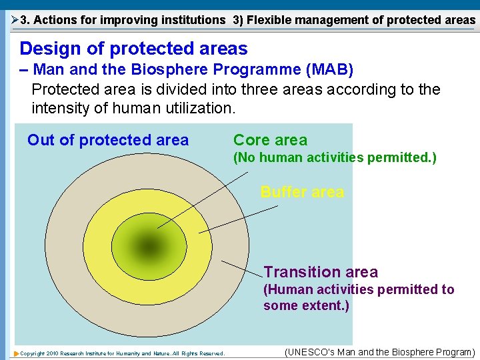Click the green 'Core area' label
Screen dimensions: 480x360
pyautogui.click(x=270, y=140)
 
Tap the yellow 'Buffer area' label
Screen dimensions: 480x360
pyautogui.click(x=302, y=192)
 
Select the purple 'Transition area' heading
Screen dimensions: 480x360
pyautogui.click(x=321, y=272)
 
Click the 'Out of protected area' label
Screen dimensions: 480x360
pyautogui.click(x=108, y=141)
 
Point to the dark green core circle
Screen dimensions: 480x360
pyautogui.click(x=149, y=247)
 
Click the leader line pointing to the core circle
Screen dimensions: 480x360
pyautogui.click(x=203, y=200)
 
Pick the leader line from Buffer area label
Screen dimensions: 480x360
pyautogui.click(x=239, y=219)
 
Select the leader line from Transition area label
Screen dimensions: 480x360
pyautogui.click(x=242, y=269)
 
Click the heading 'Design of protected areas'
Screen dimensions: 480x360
pyautogui.click(x=134, y=49)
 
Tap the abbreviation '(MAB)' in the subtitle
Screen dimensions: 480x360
pyautogui.click(x=330, y=69)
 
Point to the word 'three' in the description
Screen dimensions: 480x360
pyautogui.click(x=260, y=89)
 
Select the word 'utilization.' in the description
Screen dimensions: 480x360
pyautogui.click(x=201, y=108)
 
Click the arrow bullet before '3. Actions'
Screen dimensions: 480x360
pyautogui.click(x=15, y=20)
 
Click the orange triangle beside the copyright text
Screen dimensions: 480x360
pyautogui.click(x=17, y=354)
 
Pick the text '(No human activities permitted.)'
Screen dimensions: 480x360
pyautogui.click(x=335, y=157)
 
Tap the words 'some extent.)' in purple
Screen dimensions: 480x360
pyautogui.click(x=306, y=305)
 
